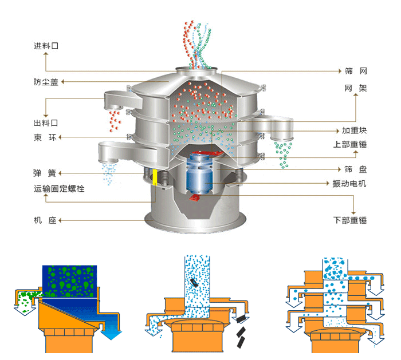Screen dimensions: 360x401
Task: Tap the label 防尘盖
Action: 46,82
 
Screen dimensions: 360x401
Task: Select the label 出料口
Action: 46,122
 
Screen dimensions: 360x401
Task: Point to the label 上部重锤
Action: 350,144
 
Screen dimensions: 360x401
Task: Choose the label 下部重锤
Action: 350,220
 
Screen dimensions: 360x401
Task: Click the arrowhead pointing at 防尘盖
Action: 63,82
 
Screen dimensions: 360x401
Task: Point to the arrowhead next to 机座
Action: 61,220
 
